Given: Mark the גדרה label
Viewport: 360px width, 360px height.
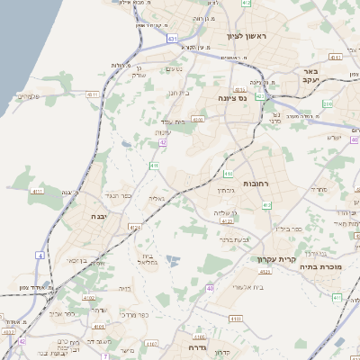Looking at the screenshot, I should click(198, 346).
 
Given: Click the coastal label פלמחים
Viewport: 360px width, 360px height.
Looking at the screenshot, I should click(29, 95).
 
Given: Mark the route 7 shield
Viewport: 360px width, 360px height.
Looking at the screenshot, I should click(105, 355).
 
